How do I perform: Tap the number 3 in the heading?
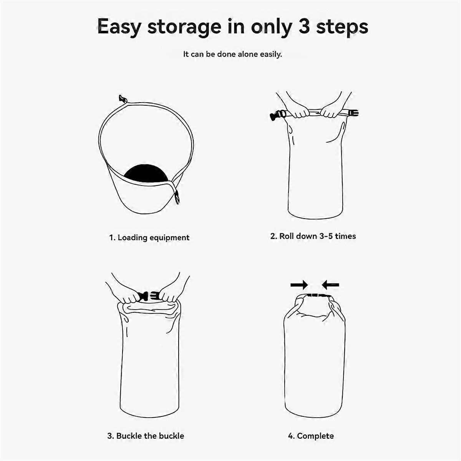(304, 27)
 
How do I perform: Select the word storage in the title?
(184, 28)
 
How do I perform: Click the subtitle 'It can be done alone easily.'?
(232, 54)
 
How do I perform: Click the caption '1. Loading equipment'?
(149, 237)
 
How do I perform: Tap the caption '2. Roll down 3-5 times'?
(313, 236)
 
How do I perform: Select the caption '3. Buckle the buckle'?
(146, 436)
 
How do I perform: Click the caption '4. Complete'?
(311, 436)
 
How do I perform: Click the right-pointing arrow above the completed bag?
(299, 285)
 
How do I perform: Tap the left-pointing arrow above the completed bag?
(330, 285)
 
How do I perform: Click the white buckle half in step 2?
(353, 113)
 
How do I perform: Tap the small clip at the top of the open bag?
(123, 99)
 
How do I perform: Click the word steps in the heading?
(342, 28)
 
